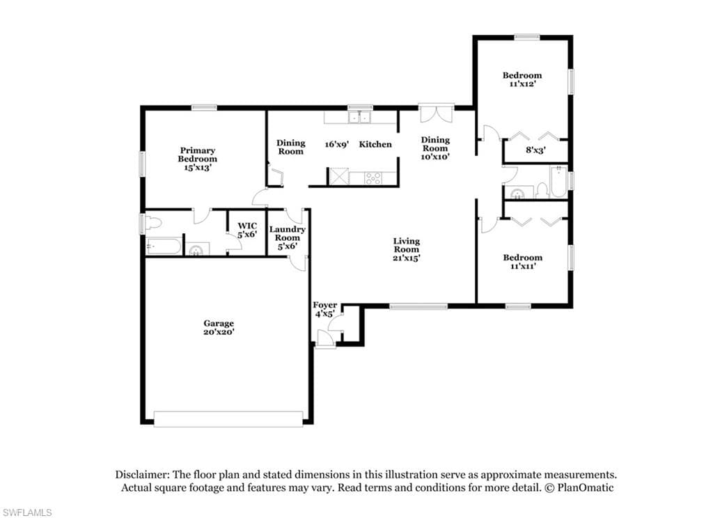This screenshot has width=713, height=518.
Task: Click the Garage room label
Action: click(219, 323)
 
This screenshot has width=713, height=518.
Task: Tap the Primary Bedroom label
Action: click(197, 155)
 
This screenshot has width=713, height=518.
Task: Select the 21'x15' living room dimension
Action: click(407, 258)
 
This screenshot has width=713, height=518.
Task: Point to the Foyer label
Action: click(324, 305)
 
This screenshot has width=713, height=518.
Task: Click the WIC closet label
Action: click(247, 226)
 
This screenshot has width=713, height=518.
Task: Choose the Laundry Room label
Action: click(288, 233)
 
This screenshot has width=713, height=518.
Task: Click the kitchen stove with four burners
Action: click(373, 178)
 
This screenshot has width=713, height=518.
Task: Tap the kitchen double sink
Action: click(359, 118)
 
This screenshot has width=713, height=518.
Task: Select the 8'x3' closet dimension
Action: click(535, 150)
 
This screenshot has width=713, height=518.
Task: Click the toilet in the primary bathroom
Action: click(154, 223)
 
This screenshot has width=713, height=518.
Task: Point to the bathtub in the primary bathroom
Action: click(164, 246)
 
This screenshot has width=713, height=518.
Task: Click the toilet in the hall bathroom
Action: click(542, 190)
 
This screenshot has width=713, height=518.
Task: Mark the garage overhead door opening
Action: click(228, 419)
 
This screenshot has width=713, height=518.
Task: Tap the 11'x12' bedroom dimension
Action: click(522, 84)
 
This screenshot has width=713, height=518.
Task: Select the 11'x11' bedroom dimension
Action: click(522, 266)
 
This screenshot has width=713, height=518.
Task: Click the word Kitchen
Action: click(375, 144)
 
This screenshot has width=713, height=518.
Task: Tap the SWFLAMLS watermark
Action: click(26, 513)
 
